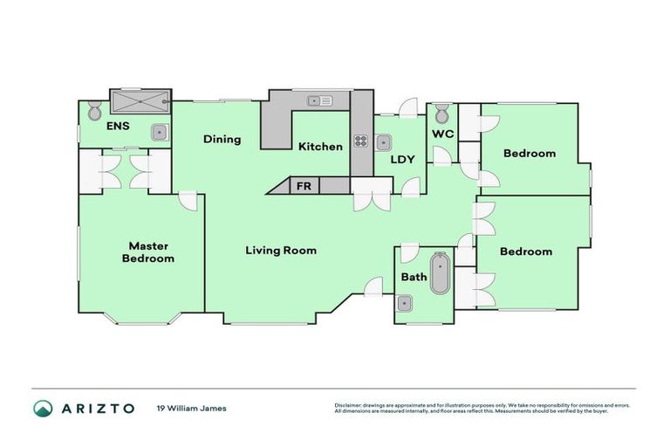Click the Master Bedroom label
[x=147, y=252]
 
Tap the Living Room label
[x=280, y=251]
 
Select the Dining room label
[x=222, y=139]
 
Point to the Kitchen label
[x=320, y=146]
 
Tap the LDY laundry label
[x=401, y=160]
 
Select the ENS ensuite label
[x=118, y=127]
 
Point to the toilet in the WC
[x=442, y=113]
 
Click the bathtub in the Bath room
[x=439, y=273]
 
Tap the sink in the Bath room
[x=404, y=304]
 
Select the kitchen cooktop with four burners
[x=360, y=140]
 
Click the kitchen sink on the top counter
[x=319, y=100]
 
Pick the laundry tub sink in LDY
[x=383, y=141]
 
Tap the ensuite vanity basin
[x=158, y=133]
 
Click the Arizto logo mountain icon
[x=43, y=408]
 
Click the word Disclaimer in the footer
[x=347, y=404]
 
